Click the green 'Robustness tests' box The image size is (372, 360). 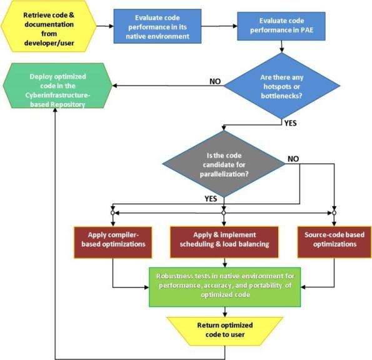(x=223, y=287)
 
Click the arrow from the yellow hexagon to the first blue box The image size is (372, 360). (x=104, y=26)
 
